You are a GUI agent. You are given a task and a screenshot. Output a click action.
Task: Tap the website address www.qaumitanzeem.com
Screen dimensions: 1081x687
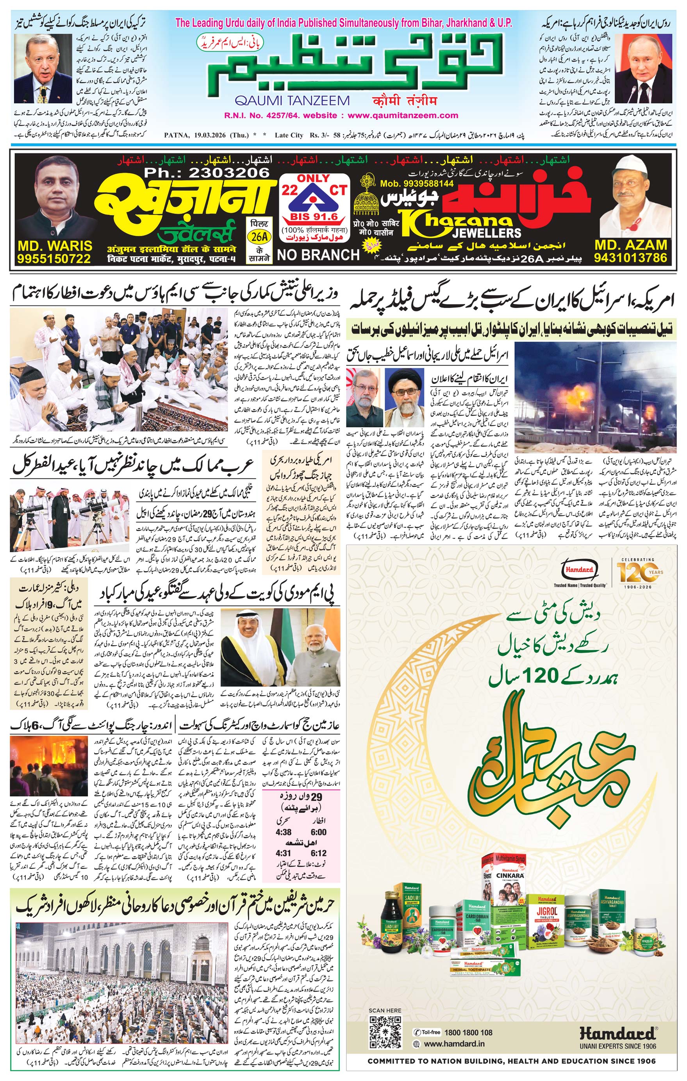[x=403, y=115]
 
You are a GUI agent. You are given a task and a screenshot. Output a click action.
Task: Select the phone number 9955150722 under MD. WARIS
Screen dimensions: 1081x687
[x=54, y=259]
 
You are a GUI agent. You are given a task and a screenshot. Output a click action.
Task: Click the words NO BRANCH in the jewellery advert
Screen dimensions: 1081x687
[x=318, y=255]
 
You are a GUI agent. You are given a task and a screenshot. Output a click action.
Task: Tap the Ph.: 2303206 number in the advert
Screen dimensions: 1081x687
[x=207, y=173]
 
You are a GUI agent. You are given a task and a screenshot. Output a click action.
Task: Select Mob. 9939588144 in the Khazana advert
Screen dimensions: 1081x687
[x=416, y=184]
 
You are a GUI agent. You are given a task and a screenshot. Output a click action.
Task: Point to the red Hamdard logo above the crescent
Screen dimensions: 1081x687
[x=579, y=570]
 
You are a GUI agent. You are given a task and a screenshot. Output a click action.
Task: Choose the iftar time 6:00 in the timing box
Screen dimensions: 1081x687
[x=318, y=832]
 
